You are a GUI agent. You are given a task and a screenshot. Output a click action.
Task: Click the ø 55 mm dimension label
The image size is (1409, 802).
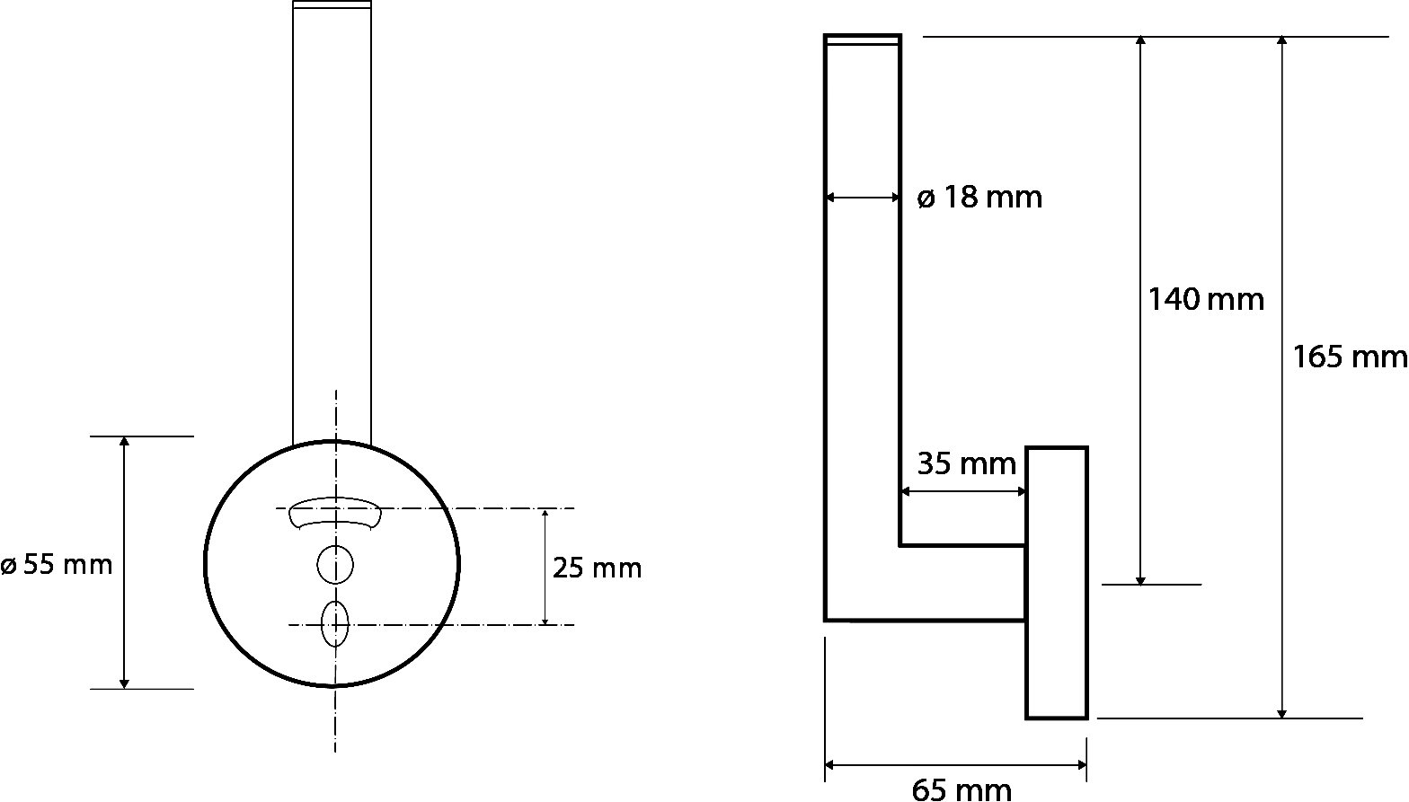57,565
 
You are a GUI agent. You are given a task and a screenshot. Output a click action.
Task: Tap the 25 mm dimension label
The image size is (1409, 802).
597,568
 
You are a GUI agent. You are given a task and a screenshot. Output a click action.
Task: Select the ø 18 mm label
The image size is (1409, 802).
979,198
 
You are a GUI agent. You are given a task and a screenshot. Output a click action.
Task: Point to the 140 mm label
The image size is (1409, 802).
1206,299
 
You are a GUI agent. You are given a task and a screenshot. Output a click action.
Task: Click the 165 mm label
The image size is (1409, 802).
1350,357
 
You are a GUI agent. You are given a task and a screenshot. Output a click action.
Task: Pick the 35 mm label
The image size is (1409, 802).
966,463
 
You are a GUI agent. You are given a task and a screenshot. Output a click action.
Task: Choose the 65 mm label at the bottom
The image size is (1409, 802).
961,789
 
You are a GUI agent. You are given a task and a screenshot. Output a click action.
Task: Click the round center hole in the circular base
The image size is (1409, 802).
334,564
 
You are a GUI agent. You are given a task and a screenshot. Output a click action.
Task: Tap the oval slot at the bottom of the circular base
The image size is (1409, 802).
334,623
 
